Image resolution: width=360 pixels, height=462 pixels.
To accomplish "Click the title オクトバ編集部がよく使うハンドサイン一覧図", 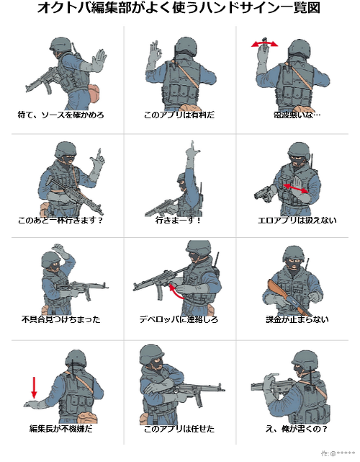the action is pyautogui.click(x=179, y=8).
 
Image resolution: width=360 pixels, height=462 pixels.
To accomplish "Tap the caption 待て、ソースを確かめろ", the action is pyautogui.click(x=61, y=115).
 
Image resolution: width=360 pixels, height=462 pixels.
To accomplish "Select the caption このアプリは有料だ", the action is pyautogui.click(x=179, y=115).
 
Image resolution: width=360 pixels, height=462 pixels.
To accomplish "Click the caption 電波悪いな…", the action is pyautogui.click(x=297, y=115).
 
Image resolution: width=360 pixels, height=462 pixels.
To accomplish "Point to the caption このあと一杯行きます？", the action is pyautogui.click(x=60, y=220).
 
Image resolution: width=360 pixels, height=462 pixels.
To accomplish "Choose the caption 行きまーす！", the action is pyautogui.click(x=178, y=220).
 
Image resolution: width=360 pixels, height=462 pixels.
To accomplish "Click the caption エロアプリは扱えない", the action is pyautogui.click(x=297, y=220).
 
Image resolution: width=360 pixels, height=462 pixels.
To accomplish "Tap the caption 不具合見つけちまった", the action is pyautogui.click(x=61, y=319).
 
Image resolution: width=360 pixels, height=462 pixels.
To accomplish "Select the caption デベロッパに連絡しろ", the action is pyautogui.click(x=179, y=319).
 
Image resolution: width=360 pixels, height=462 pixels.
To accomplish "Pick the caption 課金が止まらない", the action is pyautogui.click(x=297, y=319).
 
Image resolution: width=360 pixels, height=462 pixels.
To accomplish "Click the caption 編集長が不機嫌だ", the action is pyautogui.click(x=61, y=428).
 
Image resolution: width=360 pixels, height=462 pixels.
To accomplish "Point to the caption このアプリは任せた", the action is pyautogui.click(x=179, y=428).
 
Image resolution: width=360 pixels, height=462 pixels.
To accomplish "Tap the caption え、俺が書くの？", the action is pyautogui.click(x=297, y=428).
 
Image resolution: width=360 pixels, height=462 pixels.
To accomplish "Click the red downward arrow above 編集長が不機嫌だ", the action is pyautogui.click(x=34, y=388).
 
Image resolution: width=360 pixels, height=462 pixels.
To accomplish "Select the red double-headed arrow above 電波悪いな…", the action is pyautogui.click(x=264, y=43).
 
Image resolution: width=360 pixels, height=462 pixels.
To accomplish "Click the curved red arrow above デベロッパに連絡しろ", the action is pyautogui.click(x=175, y=291).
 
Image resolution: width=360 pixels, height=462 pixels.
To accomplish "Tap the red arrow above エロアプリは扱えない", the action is pyautogui.click(x=295, y=189).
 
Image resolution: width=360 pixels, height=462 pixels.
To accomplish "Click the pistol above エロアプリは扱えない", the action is pyautogui.click(x=264, y=194).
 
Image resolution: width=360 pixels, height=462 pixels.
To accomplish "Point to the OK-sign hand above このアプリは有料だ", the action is pyautogui.click(x=155, y=53).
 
